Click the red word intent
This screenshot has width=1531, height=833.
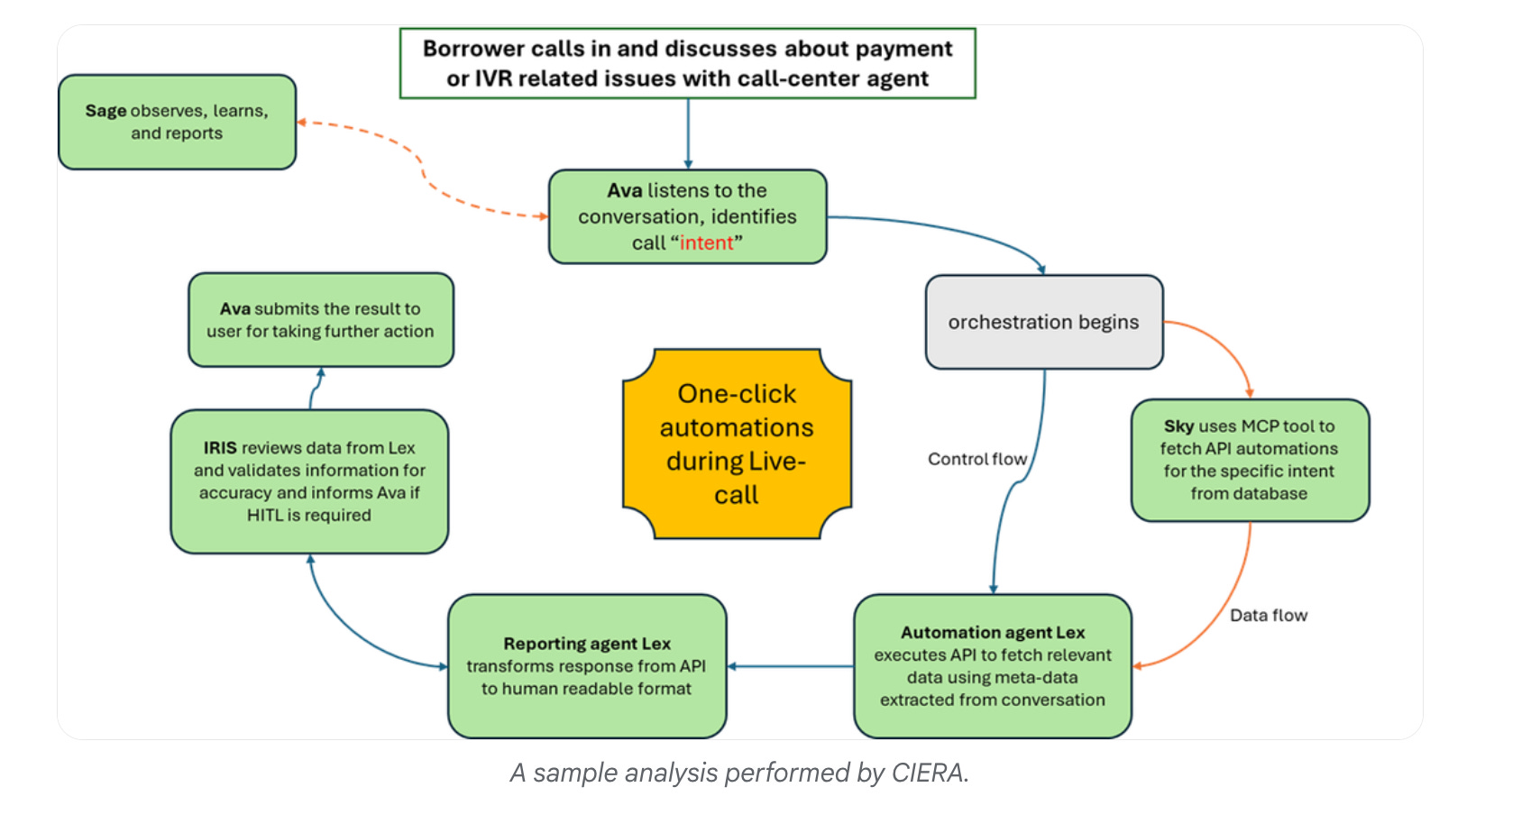706,243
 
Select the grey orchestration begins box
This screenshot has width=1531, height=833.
1043,323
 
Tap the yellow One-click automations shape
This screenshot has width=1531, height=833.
737,444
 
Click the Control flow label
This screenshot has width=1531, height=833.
976,460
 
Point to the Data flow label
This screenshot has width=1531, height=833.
1268,616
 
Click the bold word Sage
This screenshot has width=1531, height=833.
105,111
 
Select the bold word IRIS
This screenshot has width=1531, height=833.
220,448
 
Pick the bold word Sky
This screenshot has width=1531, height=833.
1178,426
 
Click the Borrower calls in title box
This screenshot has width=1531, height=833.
687,63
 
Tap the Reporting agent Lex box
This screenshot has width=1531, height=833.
586,666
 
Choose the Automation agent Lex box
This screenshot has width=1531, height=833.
992,666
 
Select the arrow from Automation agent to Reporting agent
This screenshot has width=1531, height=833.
790,666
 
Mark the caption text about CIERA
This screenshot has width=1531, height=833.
739,773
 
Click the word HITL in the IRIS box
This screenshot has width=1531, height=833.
265,516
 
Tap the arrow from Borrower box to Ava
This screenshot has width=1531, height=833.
688,133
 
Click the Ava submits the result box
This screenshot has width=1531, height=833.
320,320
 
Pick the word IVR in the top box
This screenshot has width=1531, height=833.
493,79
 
